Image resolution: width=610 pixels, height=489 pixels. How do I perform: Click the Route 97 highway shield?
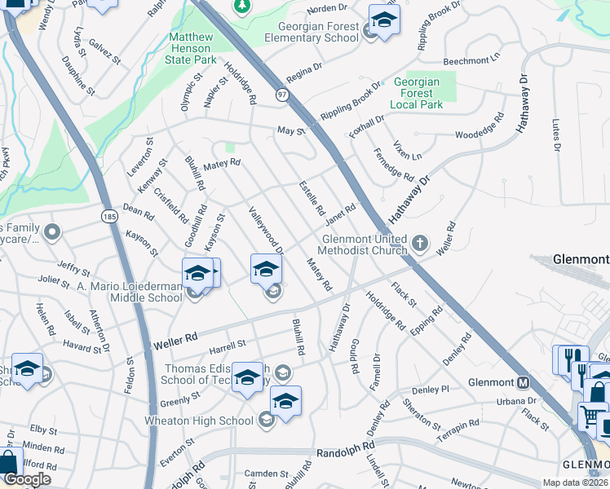click(x=281, y=96)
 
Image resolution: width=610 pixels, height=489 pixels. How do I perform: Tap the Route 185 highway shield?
click(x=109, y=216)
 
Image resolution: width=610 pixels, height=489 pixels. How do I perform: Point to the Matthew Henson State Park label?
click(x=192, y=48)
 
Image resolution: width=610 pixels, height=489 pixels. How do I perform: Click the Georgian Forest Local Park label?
click(x=416, y=93)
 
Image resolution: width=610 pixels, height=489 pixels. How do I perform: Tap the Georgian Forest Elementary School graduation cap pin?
click(x=384, y=19)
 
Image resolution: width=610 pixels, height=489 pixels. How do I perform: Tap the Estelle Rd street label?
click(x=312, y=197)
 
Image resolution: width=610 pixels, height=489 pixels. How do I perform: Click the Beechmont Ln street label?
click(x=471, y=61)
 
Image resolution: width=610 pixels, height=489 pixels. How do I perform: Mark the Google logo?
click(x=27, y=479)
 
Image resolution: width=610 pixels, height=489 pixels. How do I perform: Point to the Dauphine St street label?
click(x=73, y=70)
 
